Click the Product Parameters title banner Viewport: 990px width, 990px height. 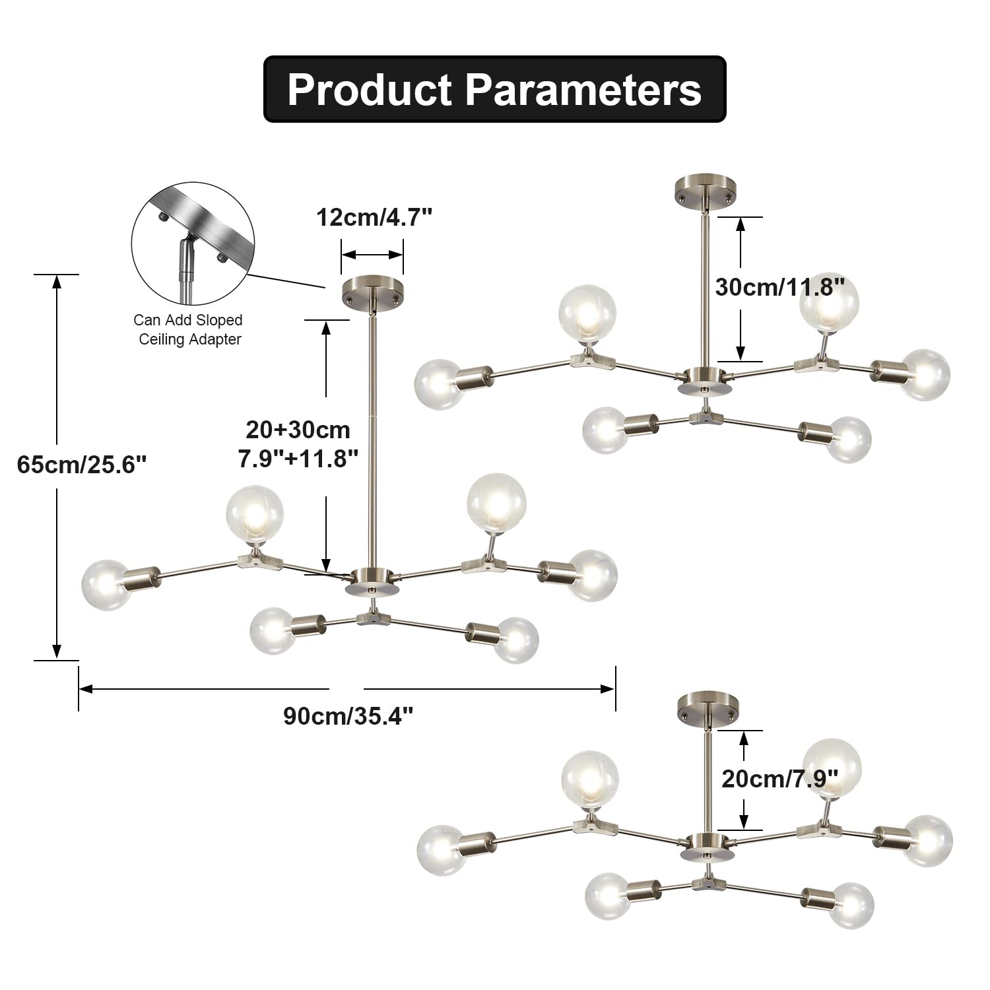[495, 89]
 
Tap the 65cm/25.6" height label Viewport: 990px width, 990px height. [81, 464]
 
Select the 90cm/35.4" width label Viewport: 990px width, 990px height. [348, 715]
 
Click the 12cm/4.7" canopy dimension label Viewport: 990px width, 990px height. [374, 217]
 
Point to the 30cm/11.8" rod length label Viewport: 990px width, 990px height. [780, 287]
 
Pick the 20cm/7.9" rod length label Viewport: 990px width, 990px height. [780, 779]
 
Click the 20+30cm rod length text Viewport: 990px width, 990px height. [298, 430]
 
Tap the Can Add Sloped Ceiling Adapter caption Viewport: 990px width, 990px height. [188, 329]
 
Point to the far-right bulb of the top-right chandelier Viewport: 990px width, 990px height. [925, 375]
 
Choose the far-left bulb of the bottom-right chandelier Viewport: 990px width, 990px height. [444, 851]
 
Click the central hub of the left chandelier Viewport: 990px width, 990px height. [372, 581]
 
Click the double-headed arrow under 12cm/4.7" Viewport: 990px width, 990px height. [372, 255]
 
